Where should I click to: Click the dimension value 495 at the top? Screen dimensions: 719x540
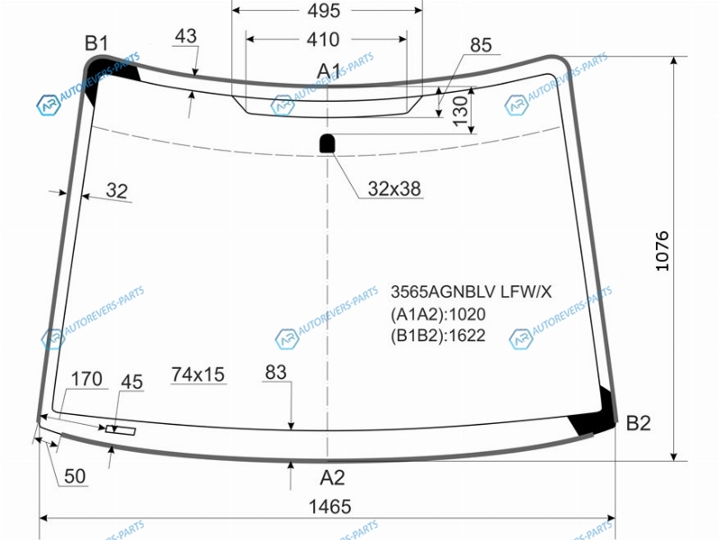click(x=324, y=11)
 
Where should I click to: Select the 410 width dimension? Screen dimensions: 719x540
click(x=323, y=40)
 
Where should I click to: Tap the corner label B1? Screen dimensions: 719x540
click(x=97, y=43)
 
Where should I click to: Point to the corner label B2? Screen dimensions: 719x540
click(x=638, y=423)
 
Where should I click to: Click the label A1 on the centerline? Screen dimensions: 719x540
click(x=328, y=71)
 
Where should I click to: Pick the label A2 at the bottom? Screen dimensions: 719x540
click(x=332, y=478)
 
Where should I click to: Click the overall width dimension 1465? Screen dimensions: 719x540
click(x=329, y=507)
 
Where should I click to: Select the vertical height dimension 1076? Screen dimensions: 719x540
click(x=662, y=251)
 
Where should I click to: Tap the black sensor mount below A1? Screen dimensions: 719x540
click(x=328, y=143)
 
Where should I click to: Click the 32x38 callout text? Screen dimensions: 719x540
click(x=394, y=189)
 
